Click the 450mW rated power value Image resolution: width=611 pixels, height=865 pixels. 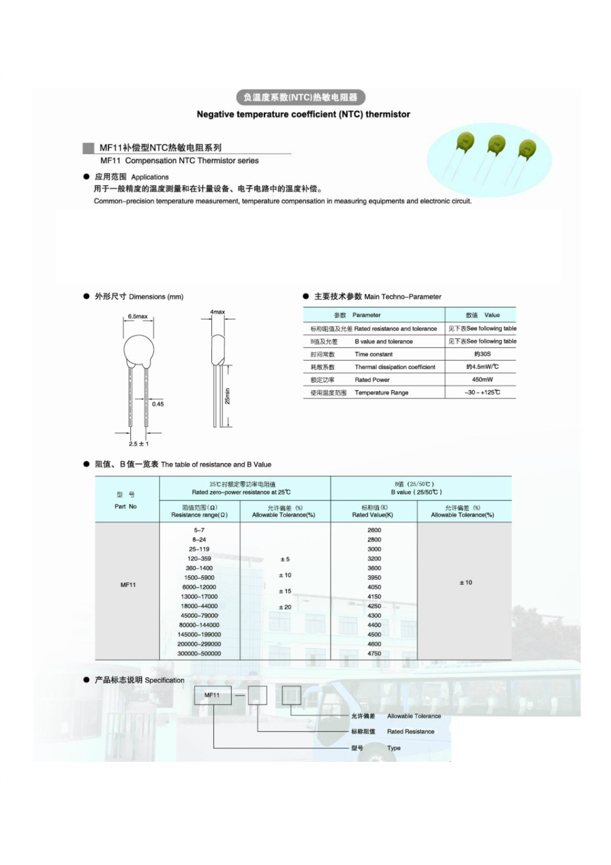pyautogui.click(x=482, y=380)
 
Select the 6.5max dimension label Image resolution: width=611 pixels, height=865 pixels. pyautogui.click(x=138, y=316)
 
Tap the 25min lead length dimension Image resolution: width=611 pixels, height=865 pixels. pyautogui.click(x=227, y=396)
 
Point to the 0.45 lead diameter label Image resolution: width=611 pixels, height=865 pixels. pyautogui.click(x=157, y=404)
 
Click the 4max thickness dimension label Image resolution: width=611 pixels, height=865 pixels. pyautogui.click(x=217, y=312)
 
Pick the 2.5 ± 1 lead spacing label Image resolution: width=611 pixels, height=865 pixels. pyautogui.click(x=138, y=444)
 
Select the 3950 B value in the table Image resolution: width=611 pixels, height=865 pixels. pyautogui.click(x=374, y=577)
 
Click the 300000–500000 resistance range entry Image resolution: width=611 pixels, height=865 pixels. pyautogui.click(x=199, y=654)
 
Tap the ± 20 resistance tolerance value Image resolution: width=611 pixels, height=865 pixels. pyautogui.click(x=284, y=607)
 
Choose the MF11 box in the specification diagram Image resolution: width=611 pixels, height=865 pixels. pyautogui.click(x=212, y=695)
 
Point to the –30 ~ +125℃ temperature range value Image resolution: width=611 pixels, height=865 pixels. pyautogui.click(x=482, y=392)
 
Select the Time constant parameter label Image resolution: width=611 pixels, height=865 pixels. pyautogui.click(x=374, y=354)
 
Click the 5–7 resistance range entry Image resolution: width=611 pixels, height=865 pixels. pyautogui.click(x=199, y=530)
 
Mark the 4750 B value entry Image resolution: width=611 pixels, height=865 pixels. pyautogui.click(x=374, y=654)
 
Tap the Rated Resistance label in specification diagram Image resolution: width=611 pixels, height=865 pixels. pyautogui.click(x=410, y=731)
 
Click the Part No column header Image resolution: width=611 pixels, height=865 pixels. pyautogui.click(x=125, y=507)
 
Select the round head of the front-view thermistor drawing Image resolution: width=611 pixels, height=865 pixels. pyautogui.click(x=139, y=350)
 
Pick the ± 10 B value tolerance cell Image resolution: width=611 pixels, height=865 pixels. pyautogui.click(x=465, y=582)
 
